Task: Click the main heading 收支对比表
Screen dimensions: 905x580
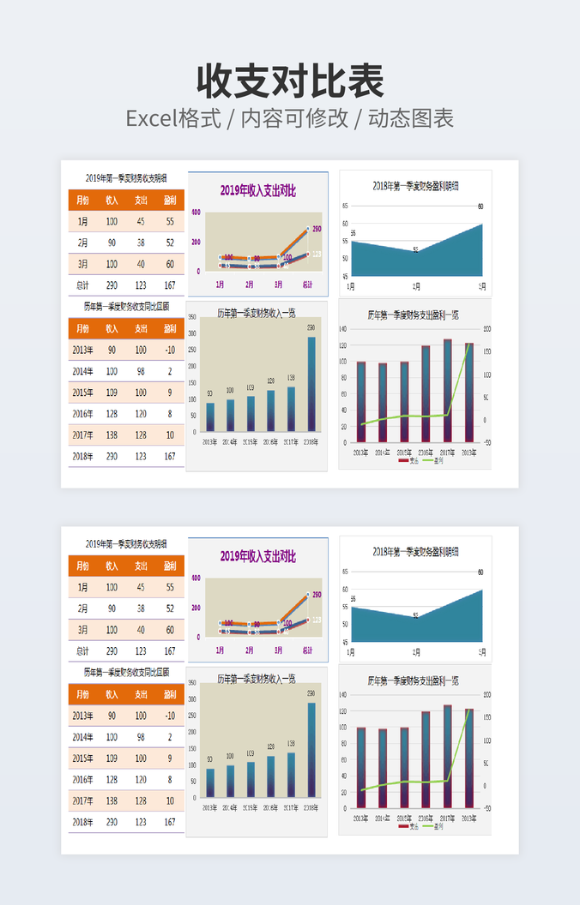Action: (x=290, y=81)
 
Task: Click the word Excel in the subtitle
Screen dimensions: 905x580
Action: (x=151, y=118)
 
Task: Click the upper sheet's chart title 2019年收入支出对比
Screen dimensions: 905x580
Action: (x=257, y=191)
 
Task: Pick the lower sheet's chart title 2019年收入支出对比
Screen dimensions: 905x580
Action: (x=257, y=557)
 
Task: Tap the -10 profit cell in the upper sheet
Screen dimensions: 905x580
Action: (x=170, y=350)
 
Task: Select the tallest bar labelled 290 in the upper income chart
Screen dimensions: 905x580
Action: (x=311, y=383)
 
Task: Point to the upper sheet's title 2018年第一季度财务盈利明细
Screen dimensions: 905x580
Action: (x=415, y=185)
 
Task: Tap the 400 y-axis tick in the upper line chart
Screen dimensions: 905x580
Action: (x=196, y=213)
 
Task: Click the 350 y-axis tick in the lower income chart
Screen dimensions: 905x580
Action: (x=193, y=683)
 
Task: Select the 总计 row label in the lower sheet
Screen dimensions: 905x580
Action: (x=82, y=651)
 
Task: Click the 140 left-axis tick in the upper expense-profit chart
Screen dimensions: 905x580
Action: (x=342, y=329)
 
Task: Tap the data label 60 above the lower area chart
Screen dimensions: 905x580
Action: (x=480, y=572)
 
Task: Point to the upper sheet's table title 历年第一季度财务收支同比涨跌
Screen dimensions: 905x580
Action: (x=126, y=306)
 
